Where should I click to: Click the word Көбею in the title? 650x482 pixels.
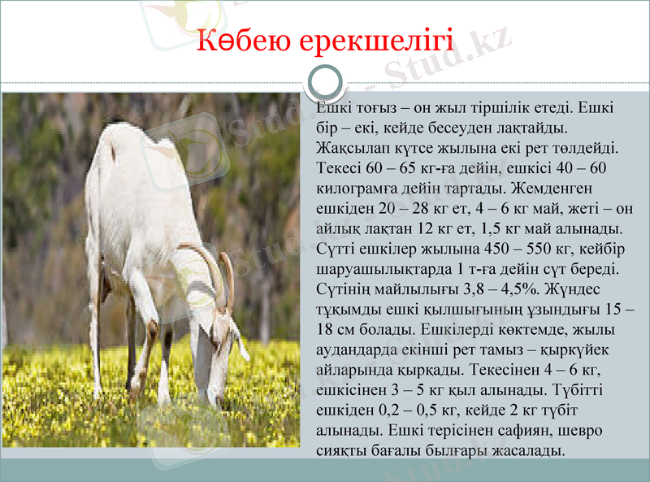point(243,40)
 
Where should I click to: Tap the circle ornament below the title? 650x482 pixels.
point(326,83)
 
